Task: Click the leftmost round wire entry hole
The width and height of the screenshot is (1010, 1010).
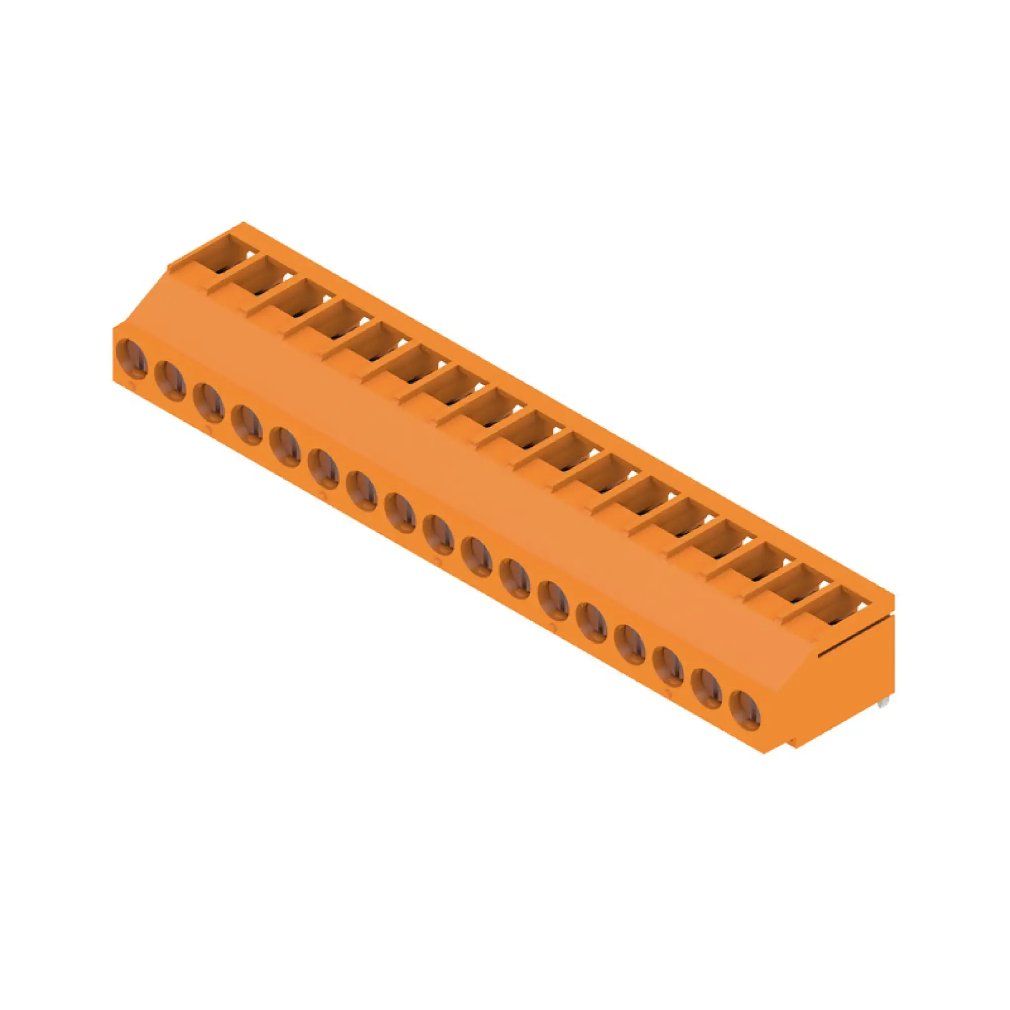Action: click(132, 359)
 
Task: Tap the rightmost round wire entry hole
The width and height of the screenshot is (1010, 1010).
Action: click(744, 710)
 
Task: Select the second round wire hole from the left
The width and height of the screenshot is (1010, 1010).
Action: click(170, 381)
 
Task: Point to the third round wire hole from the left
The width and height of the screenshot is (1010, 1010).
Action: click(209, 402)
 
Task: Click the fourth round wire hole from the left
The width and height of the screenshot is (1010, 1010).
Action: click(247, 425)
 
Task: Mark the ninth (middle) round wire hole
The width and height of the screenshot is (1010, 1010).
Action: click(438, 534)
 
